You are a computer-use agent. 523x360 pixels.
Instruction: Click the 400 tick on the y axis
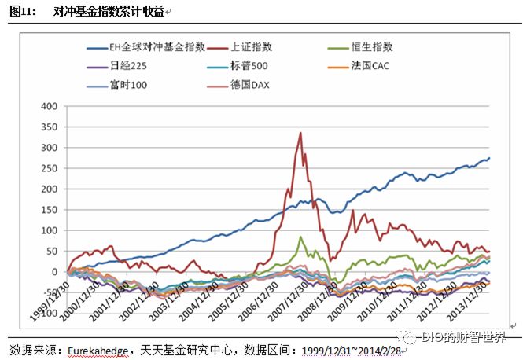[48, 106]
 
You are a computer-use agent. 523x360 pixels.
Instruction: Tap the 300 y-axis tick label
[48, 148]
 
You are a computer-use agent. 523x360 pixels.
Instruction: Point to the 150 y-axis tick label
[48, 210]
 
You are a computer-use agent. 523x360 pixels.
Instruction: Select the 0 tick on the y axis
[54, 272]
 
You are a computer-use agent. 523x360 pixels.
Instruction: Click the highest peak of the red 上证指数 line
[300, 133]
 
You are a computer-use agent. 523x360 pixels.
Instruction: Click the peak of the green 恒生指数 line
[300, 237]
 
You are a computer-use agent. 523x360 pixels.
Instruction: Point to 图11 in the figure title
[21, 12]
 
